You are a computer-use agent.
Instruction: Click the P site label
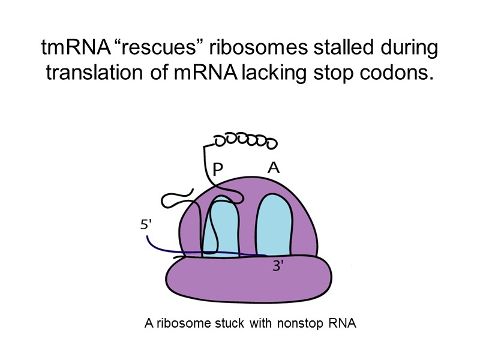217,170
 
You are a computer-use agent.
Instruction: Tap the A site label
273,169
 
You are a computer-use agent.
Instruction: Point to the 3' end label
278,267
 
